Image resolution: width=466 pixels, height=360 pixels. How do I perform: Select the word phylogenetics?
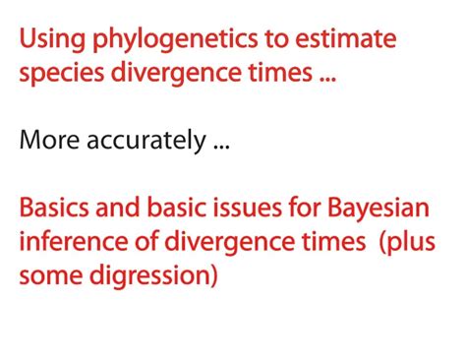[x=146, y=41]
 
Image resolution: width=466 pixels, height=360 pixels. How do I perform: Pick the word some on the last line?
[x=46, y=273]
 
